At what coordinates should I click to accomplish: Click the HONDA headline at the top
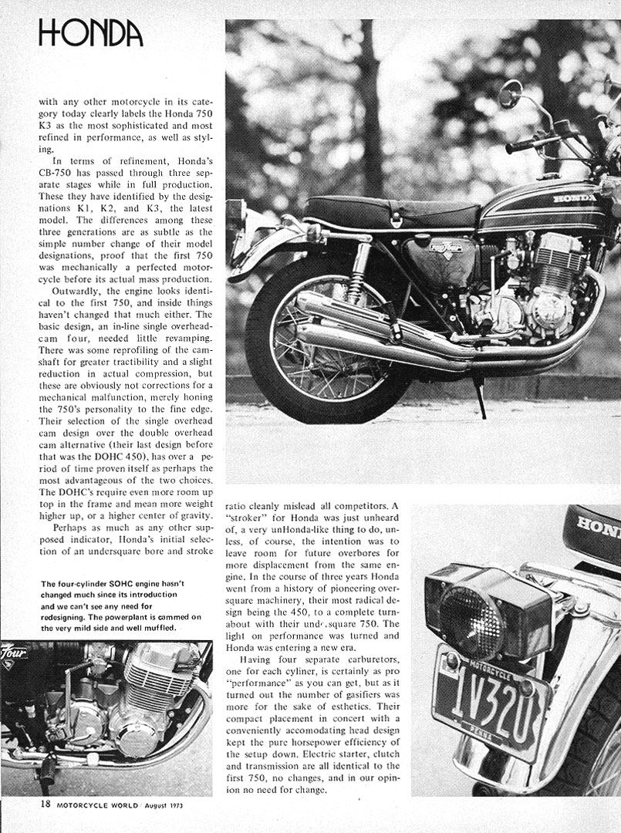pyautogui.click(x=90, y=32)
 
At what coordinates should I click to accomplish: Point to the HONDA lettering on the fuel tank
pyautogui.click(x=574, y=198)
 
